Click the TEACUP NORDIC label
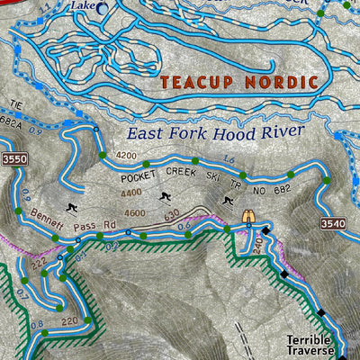(x=239, y=83)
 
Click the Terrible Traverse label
(x=310, y=346)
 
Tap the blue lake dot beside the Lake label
(x=101, y=8)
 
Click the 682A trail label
(x=10, y=127)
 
